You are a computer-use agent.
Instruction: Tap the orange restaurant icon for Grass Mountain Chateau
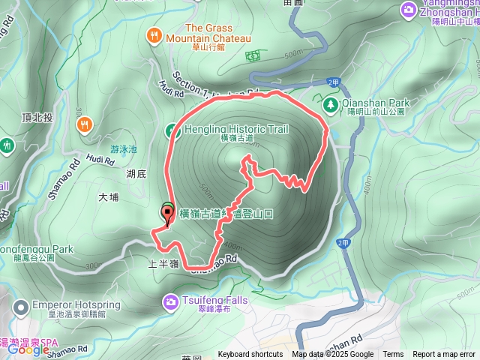click(154, 34)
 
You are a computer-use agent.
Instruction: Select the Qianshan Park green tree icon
click(330, 103)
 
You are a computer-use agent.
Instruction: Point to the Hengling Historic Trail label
click(235, 129)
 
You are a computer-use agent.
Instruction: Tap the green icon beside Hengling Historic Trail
click(171, 130)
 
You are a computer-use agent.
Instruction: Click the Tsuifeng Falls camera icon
click(170, 301)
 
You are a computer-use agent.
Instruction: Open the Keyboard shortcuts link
click(250, 355)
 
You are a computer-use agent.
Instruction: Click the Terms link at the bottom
click(393, 355)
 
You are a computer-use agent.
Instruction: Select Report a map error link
click(444, 355)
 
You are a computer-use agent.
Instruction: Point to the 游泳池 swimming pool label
click(124, 149)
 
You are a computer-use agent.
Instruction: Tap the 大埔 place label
click(109, 198)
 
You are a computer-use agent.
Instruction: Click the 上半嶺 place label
click(163, 265)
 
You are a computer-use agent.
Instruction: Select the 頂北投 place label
click(36, 118)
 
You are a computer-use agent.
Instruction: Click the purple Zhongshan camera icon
click(408, 9)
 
